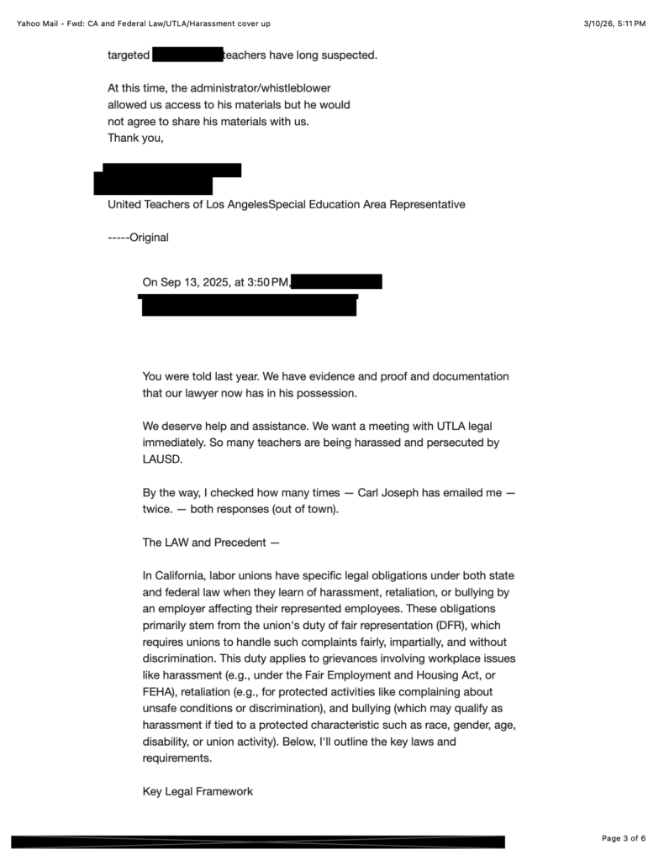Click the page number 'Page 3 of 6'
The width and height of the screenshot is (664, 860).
(x=624, y=838)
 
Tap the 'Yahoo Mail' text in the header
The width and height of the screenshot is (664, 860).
(x=40, y=24)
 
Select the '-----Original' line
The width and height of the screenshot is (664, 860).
(x=138, y=238)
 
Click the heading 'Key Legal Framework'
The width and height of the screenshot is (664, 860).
(x=198, y=791)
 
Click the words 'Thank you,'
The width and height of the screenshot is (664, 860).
(x=135, y=138)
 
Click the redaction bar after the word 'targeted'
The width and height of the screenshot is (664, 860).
(x=187, y=55)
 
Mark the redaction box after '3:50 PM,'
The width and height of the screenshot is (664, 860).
(x=337, y=281)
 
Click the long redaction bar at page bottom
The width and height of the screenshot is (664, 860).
(x=258, y=842)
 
